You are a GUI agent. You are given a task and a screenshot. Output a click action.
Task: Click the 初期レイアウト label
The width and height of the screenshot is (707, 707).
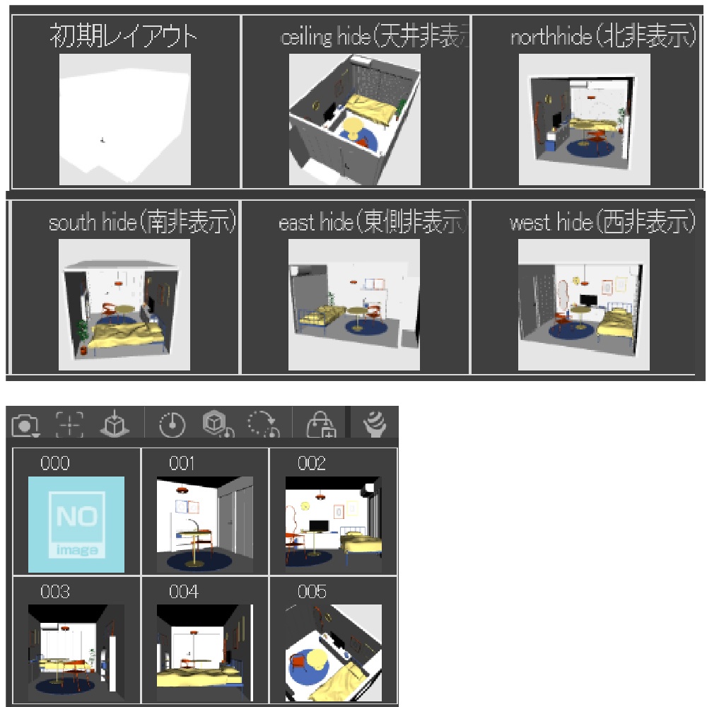point(123,35)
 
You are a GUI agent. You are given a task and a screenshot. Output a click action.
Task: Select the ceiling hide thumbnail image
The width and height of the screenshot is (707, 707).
point(355,119)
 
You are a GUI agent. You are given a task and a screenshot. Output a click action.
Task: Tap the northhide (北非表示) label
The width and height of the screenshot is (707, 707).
point(603,35)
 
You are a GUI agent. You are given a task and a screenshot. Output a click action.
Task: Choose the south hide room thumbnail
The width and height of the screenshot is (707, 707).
point(124,305)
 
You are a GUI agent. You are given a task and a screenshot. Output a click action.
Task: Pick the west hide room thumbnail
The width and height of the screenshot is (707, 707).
point(584,305)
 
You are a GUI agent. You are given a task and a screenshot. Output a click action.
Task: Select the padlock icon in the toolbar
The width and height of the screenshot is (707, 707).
point(321,424)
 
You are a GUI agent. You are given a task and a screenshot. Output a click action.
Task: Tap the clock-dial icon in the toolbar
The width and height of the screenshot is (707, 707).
point(173,424)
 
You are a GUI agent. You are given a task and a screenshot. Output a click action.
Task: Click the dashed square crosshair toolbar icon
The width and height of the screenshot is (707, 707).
point(69,424)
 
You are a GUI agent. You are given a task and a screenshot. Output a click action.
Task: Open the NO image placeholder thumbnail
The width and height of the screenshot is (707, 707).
point(76,525)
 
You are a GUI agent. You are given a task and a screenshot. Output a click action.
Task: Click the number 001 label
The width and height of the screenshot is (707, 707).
point(182,463)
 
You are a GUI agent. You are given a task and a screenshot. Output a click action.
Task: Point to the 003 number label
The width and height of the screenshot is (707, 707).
point(55,592)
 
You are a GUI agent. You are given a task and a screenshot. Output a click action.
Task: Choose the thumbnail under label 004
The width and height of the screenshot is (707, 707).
point(205,653)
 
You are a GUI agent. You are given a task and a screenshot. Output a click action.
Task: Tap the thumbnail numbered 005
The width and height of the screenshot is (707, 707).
point(334,653)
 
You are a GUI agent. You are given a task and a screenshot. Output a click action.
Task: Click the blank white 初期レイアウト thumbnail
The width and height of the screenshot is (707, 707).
point(125,119)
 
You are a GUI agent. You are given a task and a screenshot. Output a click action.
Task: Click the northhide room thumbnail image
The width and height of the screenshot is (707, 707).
point(585,119)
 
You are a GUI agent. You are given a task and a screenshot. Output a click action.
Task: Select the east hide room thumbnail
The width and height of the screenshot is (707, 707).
point(354,305)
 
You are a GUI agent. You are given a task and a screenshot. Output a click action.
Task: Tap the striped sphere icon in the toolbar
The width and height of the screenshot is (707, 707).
point(375,423)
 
